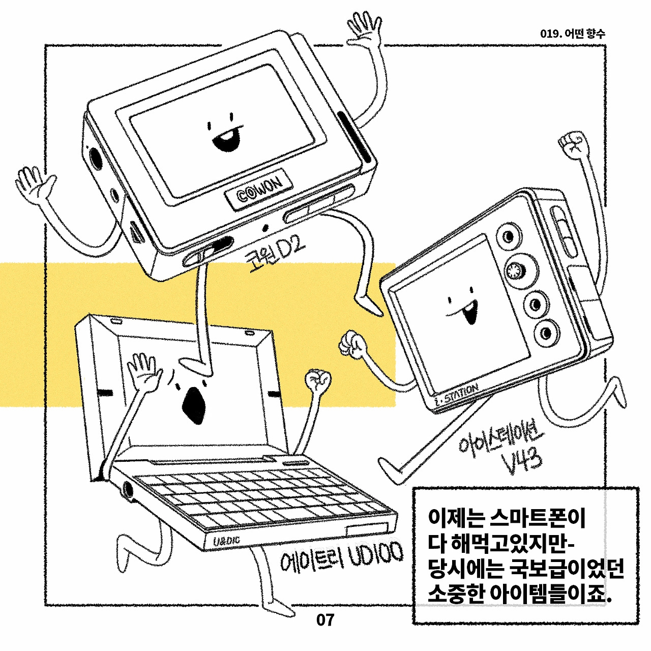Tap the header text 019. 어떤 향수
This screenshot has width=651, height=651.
click(572, 34)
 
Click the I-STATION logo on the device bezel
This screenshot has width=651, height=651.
click(456, 396)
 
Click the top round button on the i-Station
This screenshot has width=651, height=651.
click(508, 236)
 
